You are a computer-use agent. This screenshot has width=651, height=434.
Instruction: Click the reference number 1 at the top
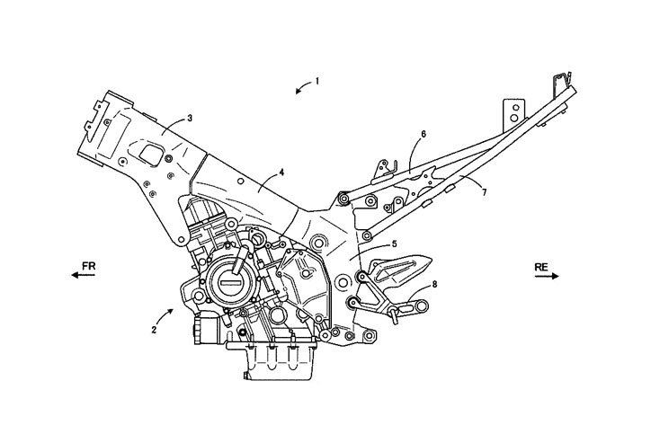(x=317, y=81)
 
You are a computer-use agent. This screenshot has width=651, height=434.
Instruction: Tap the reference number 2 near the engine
(x=154, y=331)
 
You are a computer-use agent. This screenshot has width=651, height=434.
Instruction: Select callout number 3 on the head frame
(x=190, y=119)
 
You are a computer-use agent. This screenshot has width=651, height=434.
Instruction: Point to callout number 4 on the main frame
(x=281, y=173)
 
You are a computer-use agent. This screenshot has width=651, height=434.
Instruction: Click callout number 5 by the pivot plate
(x=394, y=244)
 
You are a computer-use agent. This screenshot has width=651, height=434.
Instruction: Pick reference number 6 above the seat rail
(x=424, y=134)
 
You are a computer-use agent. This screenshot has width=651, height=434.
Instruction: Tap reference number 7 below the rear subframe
(x=484, y=192)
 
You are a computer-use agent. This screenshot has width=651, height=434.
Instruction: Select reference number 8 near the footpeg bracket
(x=434, y=285)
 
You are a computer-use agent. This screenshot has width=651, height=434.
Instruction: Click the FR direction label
(x=88, y=266)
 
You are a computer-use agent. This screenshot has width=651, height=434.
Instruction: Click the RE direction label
(x=541, y=267)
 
